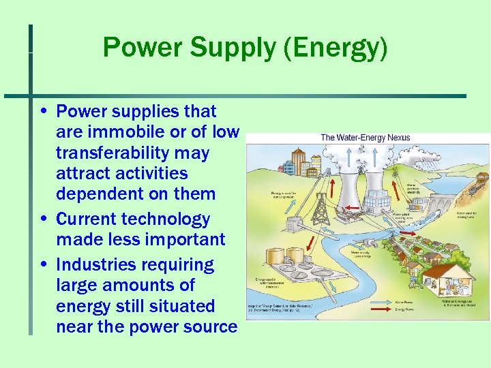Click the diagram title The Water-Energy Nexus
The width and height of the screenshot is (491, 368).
click(x=366, y=138)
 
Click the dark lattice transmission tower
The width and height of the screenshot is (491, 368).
click(x=320, y=209)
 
